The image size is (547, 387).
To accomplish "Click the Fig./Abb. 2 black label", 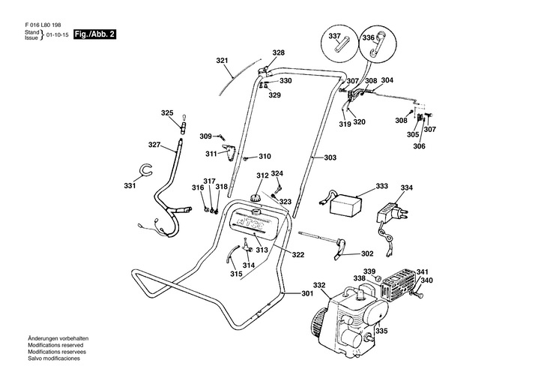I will [x=94, y=34].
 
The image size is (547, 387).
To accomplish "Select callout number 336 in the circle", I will [x=369, y=37].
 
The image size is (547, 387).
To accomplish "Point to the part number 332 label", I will [x=319, y=285].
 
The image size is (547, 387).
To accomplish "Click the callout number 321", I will [x=222, y=60].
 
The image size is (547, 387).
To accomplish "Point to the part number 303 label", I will [x=330, y=157].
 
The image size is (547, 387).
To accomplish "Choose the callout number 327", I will [x=154, y=145].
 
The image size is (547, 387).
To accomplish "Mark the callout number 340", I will [x=426, y=281].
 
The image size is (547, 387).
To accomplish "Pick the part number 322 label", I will [x=298, y=255].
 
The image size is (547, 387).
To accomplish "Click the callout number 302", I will [x=367, y=253].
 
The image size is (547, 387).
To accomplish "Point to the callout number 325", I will [x=167, y=112].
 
